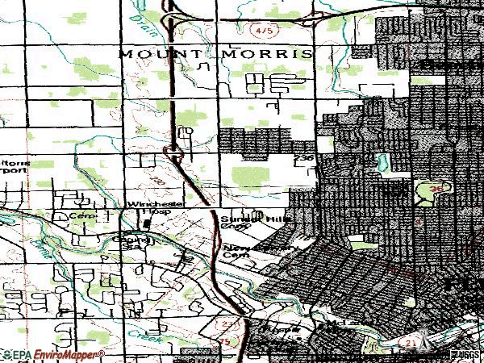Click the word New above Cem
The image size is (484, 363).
(235, 248)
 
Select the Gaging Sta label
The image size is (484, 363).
(137, 242)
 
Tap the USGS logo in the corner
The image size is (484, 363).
(466, 353)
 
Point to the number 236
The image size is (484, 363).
(304, 159)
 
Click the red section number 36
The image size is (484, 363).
(436, 188)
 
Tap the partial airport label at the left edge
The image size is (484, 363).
(15, 165)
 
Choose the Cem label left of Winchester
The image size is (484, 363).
(78, 216)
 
